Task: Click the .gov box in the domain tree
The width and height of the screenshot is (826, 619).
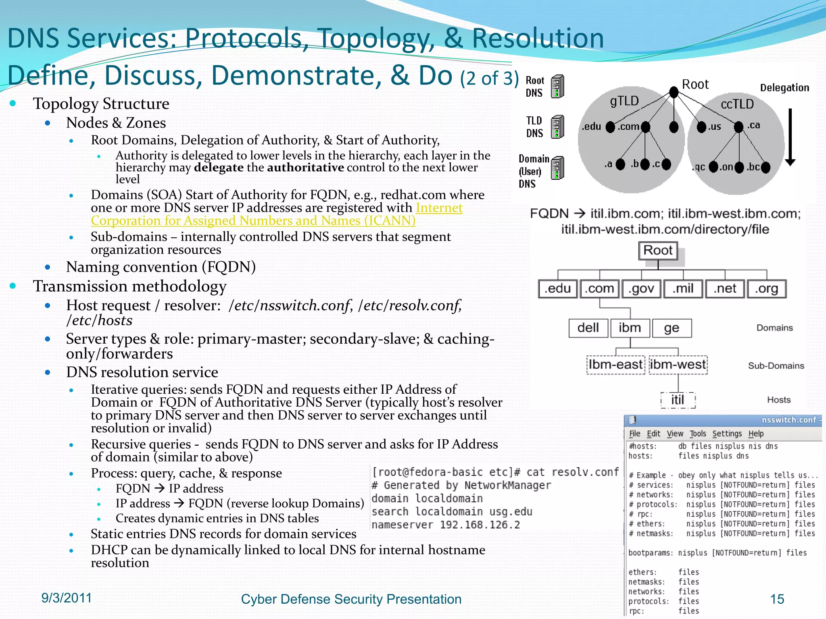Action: click(x=641, y=289)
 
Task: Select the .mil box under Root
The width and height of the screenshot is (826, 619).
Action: click(x=683, y=289)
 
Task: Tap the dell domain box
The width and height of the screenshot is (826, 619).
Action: click(x=588, y=328)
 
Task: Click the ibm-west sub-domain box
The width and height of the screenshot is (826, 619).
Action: click(x=678, y=365)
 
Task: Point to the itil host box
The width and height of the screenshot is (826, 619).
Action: click(x=678, y=400)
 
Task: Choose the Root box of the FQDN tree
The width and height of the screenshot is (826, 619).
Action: click(x=658, y=251)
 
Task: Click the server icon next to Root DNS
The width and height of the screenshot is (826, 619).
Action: click(x=557, y=86)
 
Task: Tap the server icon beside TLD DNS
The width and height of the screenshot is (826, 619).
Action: click(x=557, y=127)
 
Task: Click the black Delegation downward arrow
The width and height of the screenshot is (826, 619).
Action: click(x=790, y=137)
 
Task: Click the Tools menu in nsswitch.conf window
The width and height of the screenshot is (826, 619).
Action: click(x=697, y=434)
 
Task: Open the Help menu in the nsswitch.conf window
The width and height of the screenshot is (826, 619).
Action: click(x=756, y=434)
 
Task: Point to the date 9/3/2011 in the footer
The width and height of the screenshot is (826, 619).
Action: click(x=67, y=598)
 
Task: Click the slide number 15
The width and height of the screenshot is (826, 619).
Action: click(x=777, y=599)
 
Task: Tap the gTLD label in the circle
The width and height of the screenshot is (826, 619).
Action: click(x=624, y=101)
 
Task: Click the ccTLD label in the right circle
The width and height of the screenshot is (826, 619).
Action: click(x=737, y=104)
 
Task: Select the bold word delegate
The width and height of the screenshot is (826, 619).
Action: click(x=219, y=168)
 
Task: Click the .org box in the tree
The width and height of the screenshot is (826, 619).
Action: click(x=767, y=289)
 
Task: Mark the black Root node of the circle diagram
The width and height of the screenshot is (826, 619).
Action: click(x=674, y=92)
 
